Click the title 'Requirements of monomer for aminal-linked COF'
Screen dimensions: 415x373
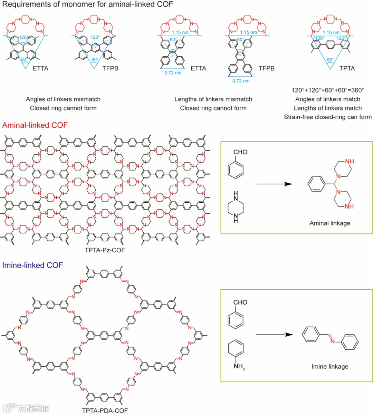[x=88, y=4]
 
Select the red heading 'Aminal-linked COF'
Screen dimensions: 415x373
[x=35, y=125]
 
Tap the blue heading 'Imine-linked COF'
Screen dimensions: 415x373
[x=32, y=265]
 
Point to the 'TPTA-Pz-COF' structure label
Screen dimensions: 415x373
[x=105, y=250]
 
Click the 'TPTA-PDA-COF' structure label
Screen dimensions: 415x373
[x=105, y=411]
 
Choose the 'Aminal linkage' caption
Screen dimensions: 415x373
[x=329, y=223]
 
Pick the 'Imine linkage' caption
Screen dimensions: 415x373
[x=329, y=366]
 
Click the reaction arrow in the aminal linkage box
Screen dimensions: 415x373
[x=274, y=184]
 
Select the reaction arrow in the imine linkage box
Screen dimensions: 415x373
[x=274, y=335]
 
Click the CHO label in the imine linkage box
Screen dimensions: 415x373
[x=240, y=302]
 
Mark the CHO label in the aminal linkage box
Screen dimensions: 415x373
[x=240, y=152]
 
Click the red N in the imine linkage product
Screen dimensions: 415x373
[x=332, y=341]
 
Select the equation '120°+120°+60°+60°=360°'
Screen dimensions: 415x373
[x=327, y=90]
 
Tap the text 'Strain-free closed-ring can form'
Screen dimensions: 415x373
[x=327, y=117]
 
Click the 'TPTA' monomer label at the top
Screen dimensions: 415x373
[x=347, y=68]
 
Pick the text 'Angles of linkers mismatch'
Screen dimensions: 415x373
[x=63, y=99]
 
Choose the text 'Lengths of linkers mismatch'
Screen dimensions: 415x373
[x=213, y=99]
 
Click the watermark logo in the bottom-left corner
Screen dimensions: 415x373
[x=26, y=408]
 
